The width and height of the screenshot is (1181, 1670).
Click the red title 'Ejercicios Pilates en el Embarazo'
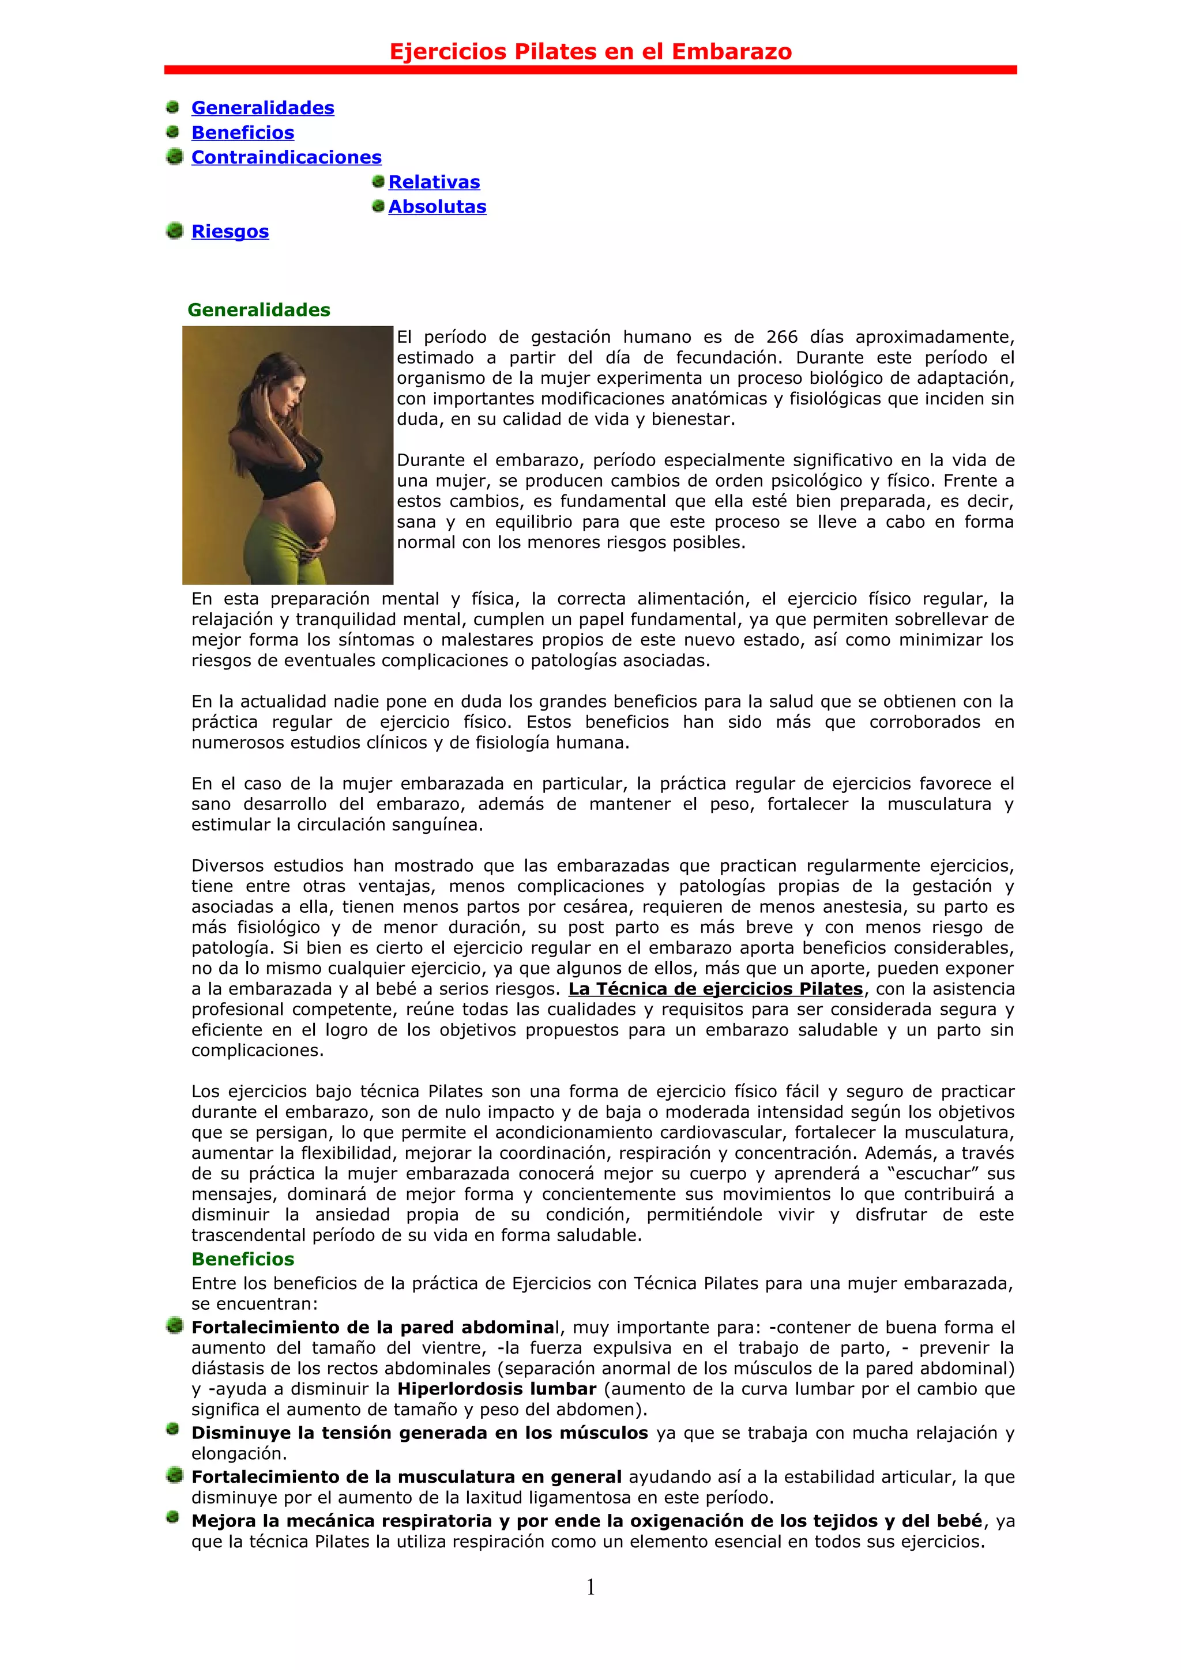[x=590, y=52]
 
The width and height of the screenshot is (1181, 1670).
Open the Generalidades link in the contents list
[x=263, y=108]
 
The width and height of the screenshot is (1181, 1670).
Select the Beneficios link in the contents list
[x=242, y=133]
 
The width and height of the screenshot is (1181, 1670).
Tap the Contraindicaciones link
[x=286, y=158]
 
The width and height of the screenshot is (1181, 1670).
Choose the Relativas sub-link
[x=434, y=183]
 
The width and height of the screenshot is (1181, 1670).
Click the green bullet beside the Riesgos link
[x=174, y=231]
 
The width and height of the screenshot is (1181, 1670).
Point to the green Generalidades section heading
[x=258, y=310]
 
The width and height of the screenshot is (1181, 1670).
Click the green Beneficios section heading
[x=242, y=1259]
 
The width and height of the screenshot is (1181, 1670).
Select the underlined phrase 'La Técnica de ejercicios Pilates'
[x=715, y=989]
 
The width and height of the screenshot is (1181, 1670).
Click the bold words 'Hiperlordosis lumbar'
[x=497, y=1389]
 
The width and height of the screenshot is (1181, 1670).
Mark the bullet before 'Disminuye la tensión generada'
[x=172, y=1430]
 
